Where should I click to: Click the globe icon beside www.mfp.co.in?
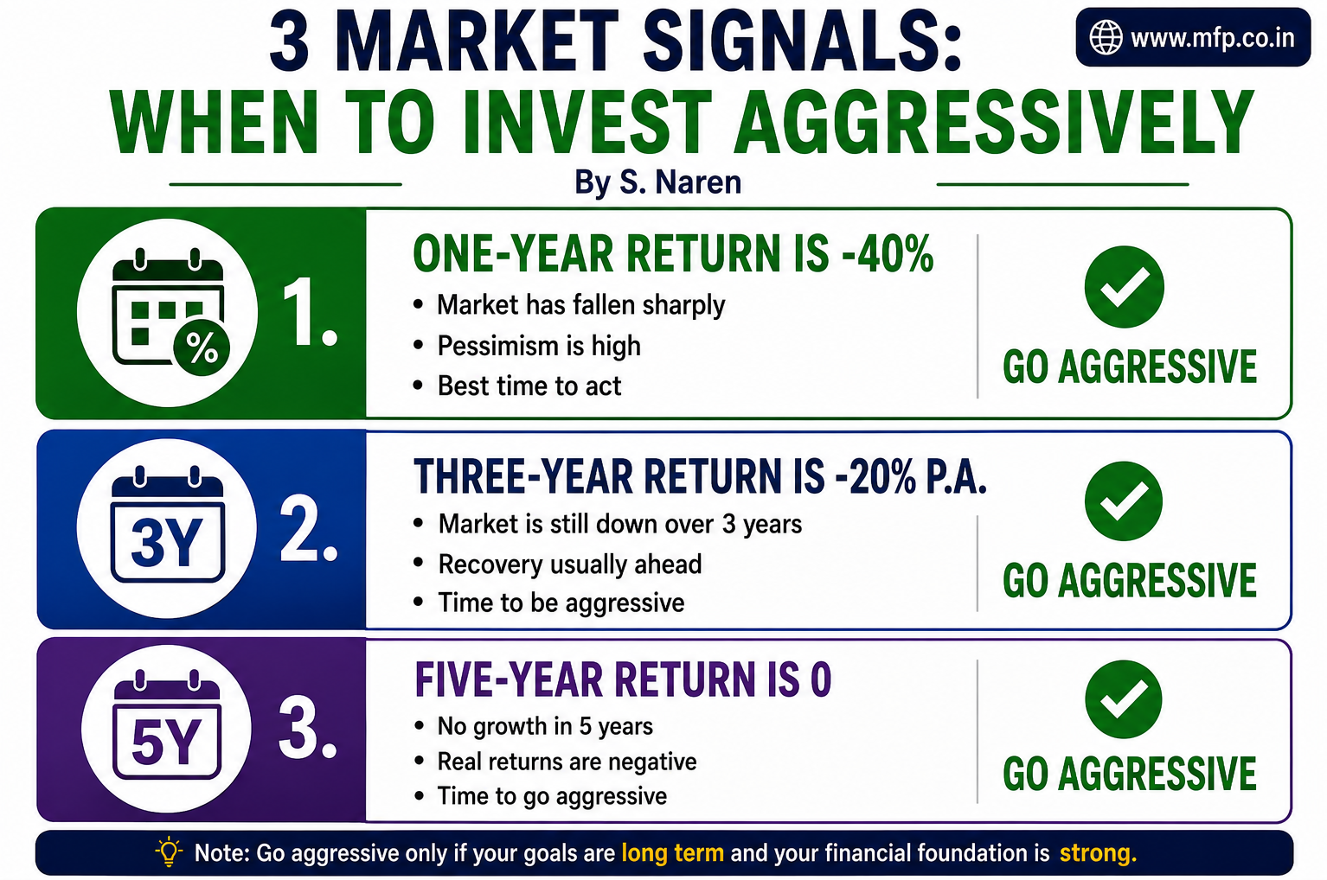(1106, 37)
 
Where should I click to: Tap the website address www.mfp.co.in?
(1213, 38)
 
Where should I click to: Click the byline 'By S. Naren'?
(657, 182)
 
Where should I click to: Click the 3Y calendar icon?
(168, 525)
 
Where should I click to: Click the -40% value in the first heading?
(888, 253)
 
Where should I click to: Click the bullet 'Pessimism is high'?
(539, 346)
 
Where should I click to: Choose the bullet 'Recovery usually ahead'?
(570, 564)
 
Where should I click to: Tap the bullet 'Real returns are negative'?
(567, 762)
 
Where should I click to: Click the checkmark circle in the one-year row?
(1124, 287)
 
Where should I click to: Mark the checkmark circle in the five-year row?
(1123, 699)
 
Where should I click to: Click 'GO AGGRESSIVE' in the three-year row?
(1130, 580)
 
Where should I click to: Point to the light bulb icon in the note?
(169, 852)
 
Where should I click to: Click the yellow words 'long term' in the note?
(672, 853)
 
